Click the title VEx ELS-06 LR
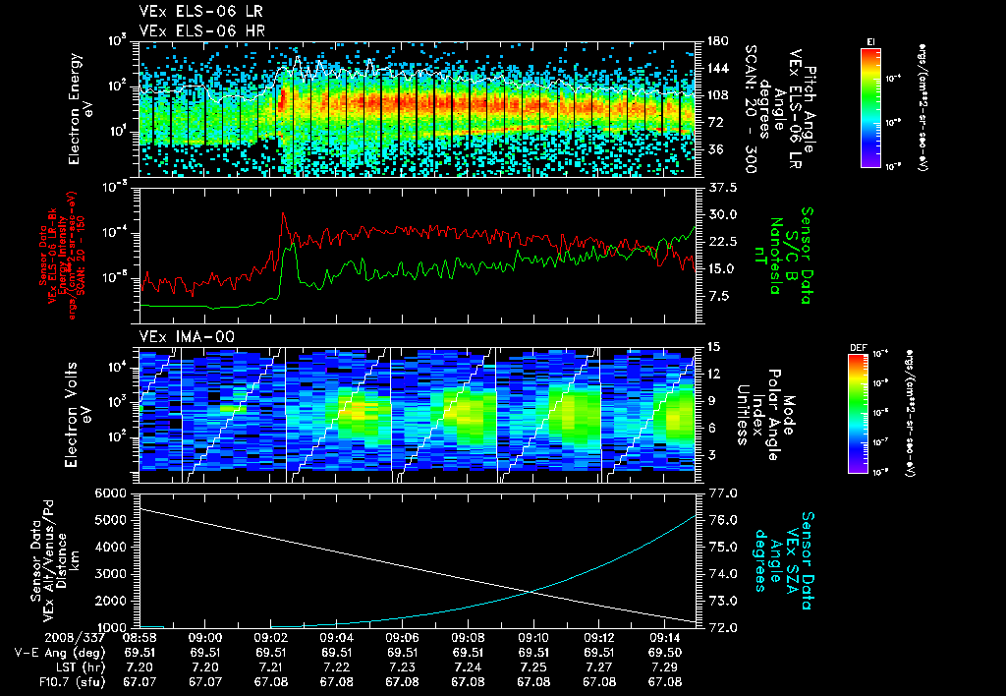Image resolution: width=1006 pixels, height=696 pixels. tap(195, 11)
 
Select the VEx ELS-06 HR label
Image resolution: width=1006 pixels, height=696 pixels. tap(195, 29)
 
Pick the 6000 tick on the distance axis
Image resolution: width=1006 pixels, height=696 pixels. tap(113, 492)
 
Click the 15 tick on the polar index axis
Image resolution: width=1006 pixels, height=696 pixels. tap(712, 346)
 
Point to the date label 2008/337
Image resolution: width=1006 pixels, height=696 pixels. tap(42, 636)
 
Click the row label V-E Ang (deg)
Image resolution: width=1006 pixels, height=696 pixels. tap(57, 651)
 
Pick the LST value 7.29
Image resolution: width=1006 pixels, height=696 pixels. tap(665, 666)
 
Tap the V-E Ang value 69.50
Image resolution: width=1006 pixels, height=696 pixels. tap(665, 651)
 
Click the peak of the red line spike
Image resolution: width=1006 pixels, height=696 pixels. tap(284, 213)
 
